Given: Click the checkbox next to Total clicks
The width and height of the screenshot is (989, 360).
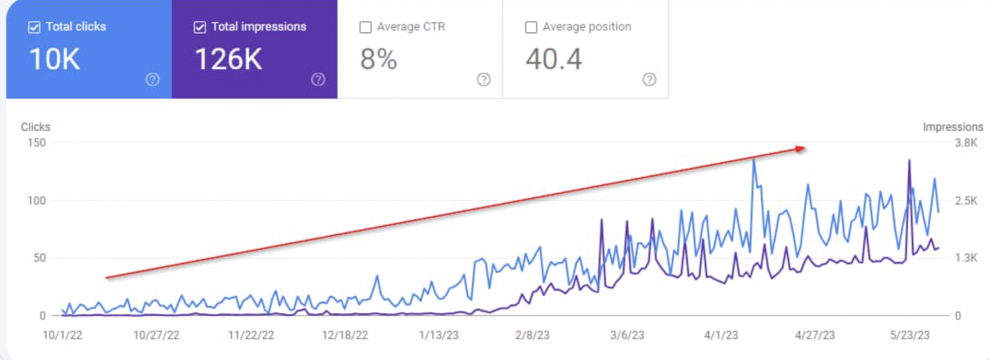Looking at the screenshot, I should point(34,27).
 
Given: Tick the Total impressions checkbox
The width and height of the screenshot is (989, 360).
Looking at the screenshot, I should point(199,27).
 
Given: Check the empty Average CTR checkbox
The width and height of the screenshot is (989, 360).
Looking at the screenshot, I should point(365,27).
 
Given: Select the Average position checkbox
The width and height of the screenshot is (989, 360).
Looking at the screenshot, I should point(531,27).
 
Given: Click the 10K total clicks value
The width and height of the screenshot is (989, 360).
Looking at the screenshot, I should point(54,60).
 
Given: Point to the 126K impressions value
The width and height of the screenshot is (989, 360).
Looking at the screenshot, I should point(228,60).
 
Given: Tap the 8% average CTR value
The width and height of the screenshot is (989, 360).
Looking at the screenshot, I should point(379,60).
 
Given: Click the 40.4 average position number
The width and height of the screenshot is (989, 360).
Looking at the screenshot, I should point(554,60).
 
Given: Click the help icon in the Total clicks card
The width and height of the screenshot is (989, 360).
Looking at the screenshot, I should point(153,80).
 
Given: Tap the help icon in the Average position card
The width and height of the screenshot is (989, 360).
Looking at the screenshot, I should point(649,80).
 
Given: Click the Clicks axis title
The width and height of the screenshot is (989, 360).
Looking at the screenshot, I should point(35,127).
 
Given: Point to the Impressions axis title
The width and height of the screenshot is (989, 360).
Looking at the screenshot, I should point(953,127).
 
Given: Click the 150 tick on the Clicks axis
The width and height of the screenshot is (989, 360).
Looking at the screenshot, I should point(37,143).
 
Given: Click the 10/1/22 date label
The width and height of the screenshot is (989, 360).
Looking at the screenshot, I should point(63,336).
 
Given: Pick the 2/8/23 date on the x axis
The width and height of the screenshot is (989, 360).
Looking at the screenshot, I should point(533,336).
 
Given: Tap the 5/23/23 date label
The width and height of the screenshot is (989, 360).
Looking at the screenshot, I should point(909,336).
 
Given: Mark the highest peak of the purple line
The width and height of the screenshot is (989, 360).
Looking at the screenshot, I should point(909,160).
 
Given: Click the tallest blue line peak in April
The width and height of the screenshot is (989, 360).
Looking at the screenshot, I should point(754,159).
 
